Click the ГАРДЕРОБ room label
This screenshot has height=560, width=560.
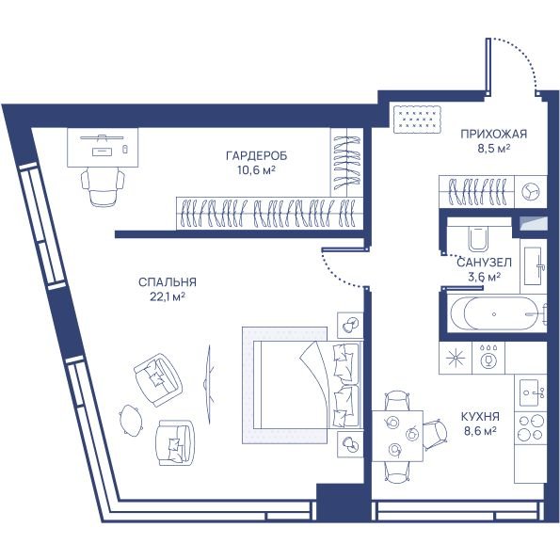tap(256, 156)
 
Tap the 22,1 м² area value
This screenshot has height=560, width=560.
tap(168, 296)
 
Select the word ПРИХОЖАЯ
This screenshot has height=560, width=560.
tap(493, 135)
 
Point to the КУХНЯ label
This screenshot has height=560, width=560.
tap(480, 417)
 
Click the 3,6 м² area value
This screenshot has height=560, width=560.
tap(484, 277)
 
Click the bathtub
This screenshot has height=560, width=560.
tap(497, 314)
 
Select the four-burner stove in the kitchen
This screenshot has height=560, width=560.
tap(531, 427)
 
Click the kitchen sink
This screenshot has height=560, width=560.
tap(531, 392)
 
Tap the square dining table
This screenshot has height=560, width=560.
tap(397, 436)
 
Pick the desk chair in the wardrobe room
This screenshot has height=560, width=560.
tap(103, 187)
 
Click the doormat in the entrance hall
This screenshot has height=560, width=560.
tap(417, 120)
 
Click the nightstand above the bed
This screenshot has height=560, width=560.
tap(350, 325)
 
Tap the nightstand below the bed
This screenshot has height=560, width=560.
tap(350, 444)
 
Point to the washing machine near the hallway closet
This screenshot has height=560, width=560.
tap(531, 191)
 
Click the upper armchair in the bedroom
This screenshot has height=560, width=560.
tap(158, 379)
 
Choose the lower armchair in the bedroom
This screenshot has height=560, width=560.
tap(176, 443)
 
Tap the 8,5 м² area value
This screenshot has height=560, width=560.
tap(493, 149)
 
